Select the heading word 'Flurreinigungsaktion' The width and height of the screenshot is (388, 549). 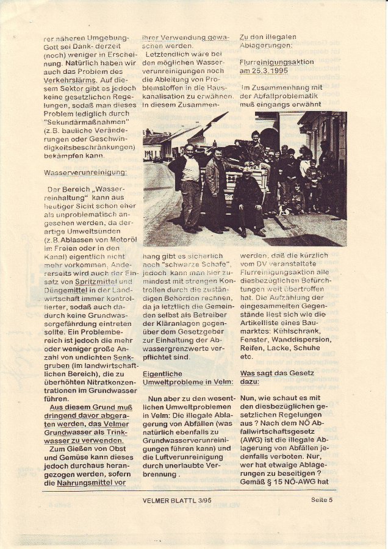(276, 62)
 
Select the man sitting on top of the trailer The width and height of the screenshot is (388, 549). (254, 146)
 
